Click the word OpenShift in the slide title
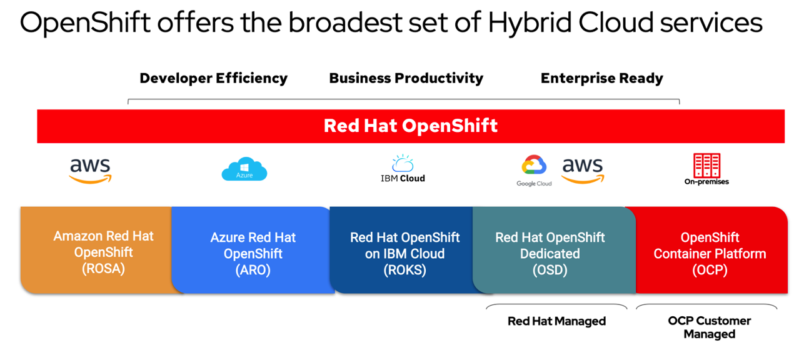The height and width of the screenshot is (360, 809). pyautogui.click(x=86, y=23)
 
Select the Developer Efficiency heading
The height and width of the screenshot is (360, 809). pyautogui.click(x=213, y=78)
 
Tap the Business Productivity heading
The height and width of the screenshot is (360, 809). pyautogui.click(x=406, y=78)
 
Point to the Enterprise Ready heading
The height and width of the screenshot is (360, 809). pyautogui.click(x=601, y=78)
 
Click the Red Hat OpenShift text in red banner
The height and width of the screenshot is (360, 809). pyautogui.click(x=410, y=126)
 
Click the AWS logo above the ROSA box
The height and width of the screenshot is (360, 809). pyautogui.click(x=90, y=170)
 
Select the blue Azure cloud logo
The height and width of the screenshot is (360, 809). pyautogui.click(x=244, y=169)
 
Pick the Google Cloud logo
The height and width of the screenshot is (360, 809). pyautogui.click(x=534, y=169)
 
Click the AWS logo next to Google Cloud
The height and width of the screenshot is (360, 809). pyautogui.click(x=582, y=170)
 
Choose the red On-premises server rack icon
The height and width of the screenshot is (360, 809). pyautogui.click(x=706, y=166)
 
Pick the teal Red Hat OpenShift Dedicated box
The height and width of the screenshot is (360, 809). pyautogui.click(x=550, y=250)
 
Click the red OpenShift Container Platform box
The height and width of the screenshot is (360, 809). pyautogui.click(x=710, y=250)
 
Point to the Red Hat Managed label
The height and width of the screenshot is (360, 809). pyautogui.click(x=556, y=321)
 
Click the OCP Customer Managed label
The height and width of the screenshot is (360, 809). pyautogui.click(x=709, y=327)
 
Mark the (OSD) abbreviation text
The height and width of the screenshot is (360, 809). pyautogui.click(x=550, y=270)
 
